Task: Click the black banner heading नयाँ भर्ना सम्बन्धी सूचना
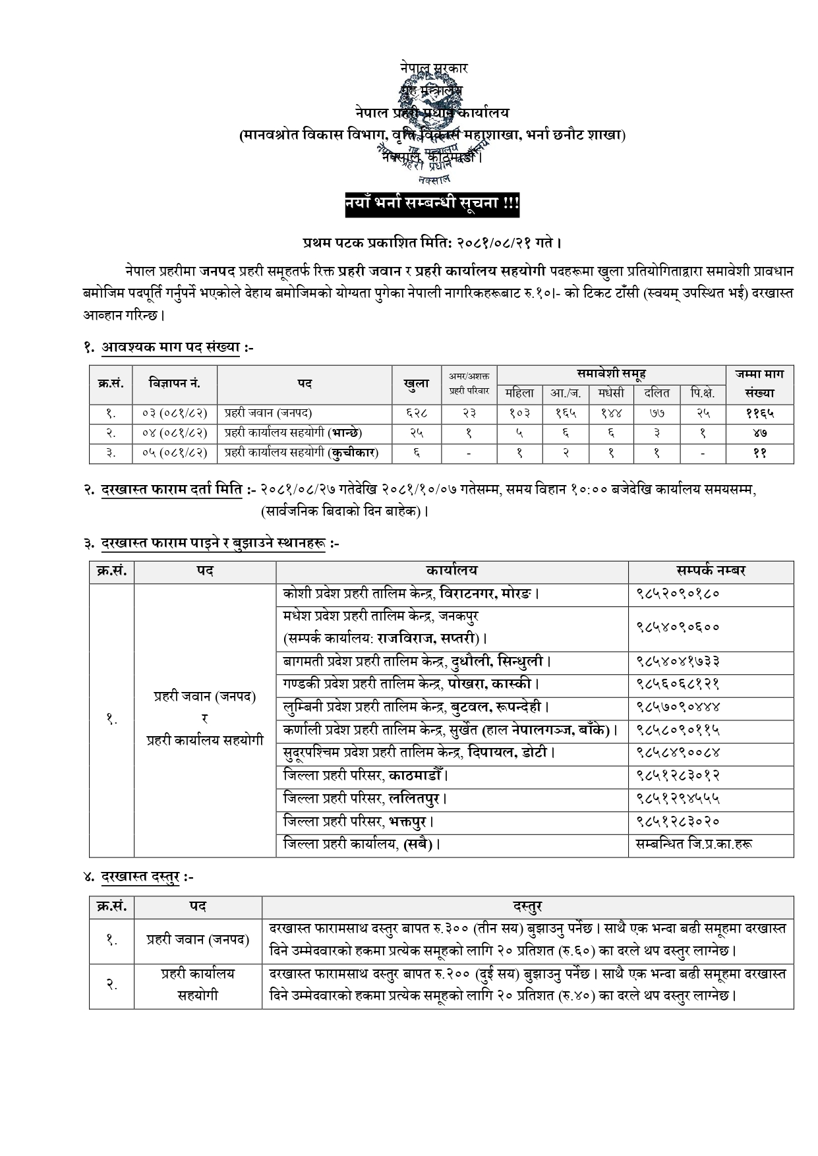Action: pos(432,204)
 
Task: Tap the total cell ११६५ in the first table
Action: pos(759,413)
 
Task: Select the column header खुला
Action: pos(416,384)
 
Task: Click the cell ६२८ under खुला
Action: pos(416,413)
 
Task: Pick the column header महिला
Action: pos(519,393)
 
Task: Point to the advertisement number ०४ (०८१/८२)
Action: pos(175,433)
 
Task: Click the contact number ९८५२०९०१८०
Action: pos(678,594)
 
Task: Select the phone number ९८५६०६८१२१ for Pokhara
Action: pos(678,684)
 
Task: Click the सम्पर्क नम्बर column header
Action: pos(711,571)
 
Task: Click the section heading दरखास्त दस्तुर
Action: pos(147,877)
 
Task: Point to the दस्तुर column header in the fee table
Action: pos(527,907)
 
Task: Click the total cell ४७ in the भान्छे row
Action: pos(759,433)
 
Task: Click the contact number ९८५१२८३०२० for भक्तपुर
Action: pos(678,821)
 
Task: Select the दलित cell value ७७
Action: pos(657,413)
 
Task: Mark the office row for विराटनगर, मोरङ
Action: pos(412,594)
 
